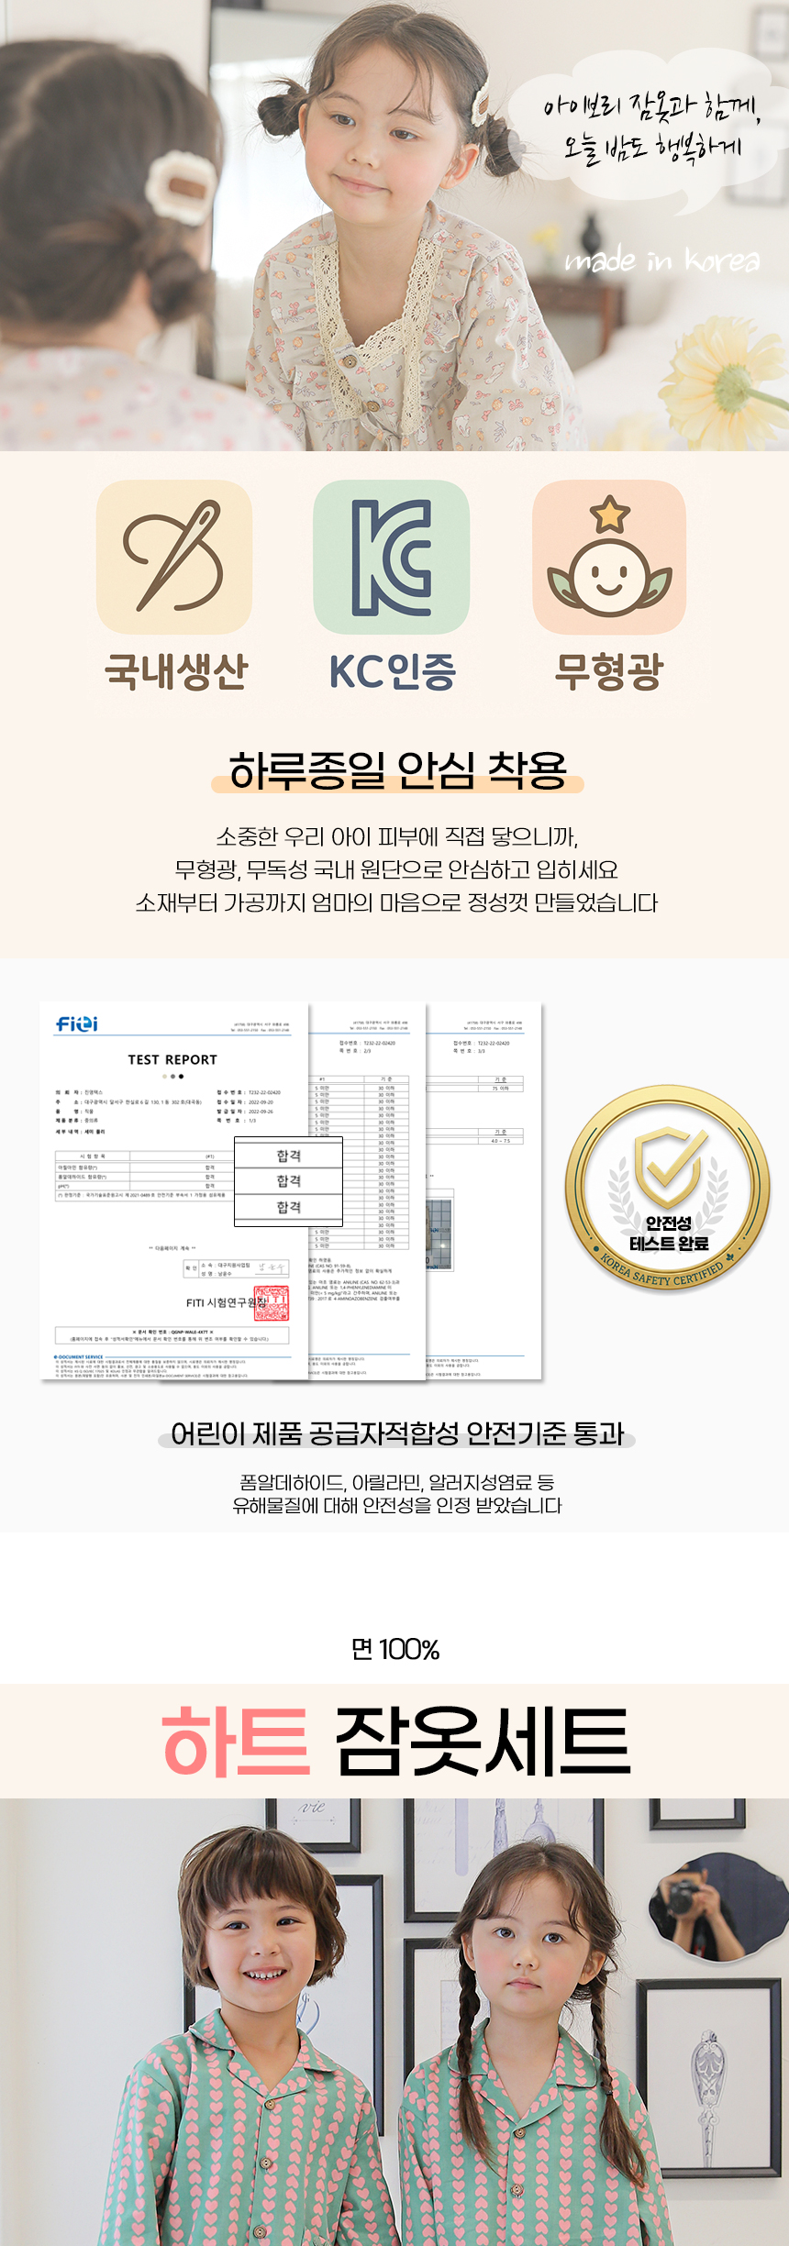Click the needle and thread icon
174,557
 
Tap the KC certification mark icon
392,557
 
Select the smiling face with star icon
609,558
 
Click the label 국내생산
176,671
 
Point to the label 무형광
608,671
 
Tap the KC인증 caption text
393,671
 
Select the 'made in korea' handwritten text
662,261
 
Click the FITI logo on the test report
77,1023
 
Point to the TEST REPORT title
172,1059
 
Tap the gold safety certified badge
668,1189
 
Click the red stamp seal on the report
272,1302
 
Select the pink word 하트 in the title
237,1741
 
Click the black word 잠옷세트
483,1741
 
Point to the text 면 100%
395,1650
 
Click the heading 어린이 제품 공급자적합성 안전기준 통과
397,1433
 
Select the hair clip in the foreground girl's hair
181,189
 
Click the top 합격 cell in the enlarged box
289,1156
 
